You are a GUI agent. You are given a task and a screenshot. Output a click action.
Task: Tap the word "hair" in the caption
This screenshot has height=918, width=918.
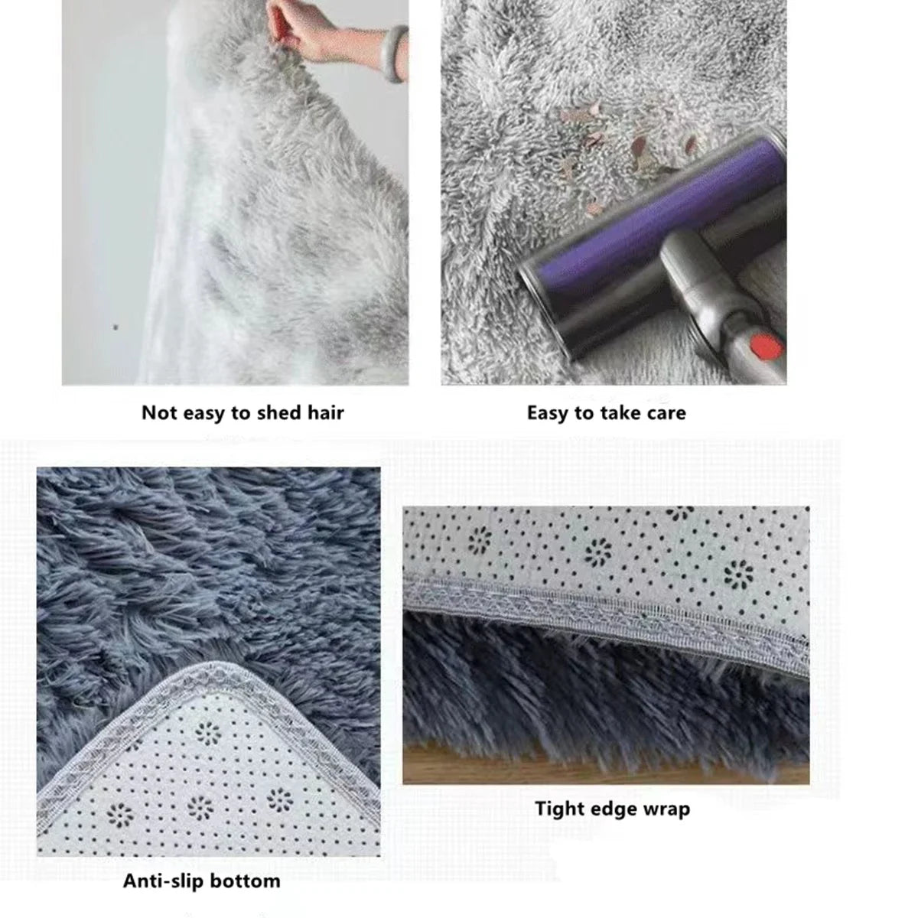[325, 413]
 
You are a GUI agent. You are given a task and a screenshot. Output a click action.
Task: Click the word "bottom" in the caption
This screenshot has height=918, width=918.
[244, 881]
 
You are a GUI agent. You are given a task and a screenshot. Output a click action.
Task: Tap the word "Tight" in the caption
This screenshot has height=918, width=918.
[559, 809]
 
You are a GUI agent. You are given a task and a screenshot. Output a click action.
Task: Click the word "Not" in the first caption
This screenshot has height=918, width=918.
[159, 413]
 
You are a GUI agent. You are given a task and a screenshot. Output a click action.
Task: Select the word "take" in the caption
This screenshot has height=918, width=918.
[619, 413]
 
